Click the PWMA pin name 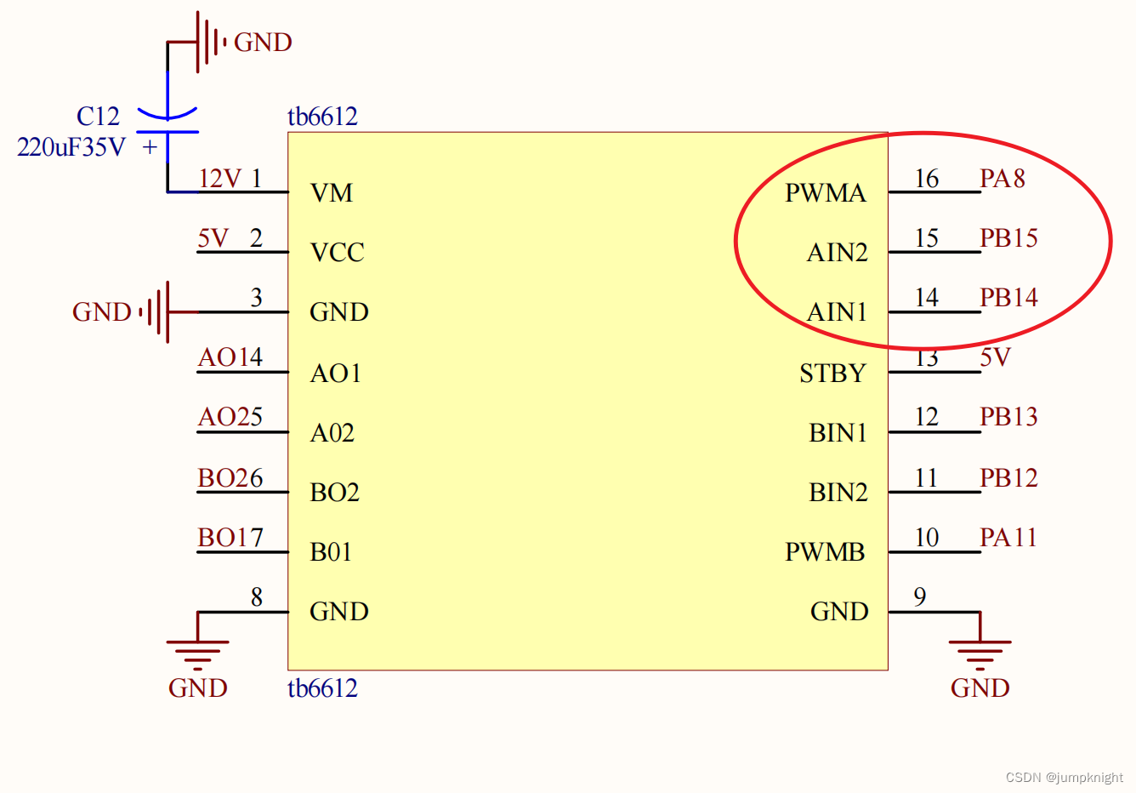(825, 193)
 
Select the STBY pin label (832, 374)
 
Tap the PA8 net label (1002, 179)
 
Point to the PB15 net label (1008, 238)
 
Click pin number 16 (926, 179)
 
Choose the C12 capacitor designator (98, 117)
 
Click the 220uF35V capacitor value (71, 148)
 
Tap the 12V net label (219, 179)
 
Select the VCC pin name (337, 253)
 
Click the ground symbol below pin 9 (980, 652)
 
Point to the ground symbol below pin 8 (197, 652)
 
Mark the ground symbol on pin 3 (158, 312)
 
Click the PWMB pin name (825, 552)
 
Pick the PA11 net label (1008, 538)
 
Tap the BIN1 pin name (838, 433)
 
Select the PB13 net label (1008, 417)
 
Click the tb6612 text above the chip (322, 117)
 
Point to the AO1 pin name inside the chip (335, 374)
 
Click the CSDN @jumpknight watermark (1064, 778)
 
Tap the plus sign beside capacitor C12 (151, 147)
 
